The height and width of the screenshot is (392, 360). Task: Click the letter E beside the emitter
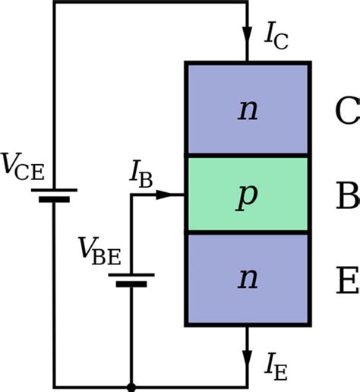pyautogui.click(x=345, y=280)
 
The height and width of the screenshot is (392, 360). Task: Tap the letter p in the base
pyautogui.click(x=248, y=195)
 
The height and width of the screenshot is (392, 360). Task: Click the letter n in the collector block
pyautogui.click(x=248, y=111)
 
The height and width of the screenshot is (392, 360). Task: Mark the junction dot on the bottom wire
pyautogui.click(x=131, y=386)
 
